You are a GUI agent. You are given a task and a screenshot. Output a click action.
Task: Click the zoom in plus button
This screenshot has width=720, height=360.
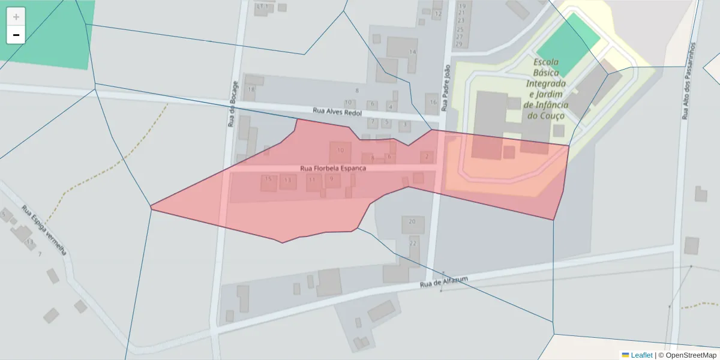tap(16, 17)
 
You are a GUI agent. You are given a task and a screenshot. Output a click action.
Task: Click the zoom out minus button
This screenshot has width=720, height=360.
tap(16, 35)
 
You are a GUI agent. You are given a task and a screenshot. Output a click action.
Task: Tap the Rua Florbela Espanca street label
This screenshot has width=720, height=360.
tap(332, 169)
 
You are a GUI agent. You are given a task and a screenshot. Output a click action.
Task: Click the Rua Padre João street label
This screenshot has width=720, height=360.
tap(445, 89)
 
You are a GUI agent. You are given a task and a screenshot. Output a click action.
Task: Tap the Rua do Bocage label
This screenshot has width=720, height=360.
tap(232, 103)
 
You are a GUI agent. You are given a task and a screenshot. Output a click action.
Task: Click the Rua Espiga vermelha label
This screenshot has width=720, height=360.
tap(44, 230)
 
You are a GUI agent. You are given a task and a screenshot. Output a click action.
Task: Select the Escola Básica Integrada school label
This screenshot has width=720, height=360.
tap(546, 88)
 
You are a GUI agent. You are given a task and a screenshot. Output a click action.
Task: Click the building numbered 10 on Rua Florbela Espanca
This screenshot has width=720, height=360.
tap(341, 151)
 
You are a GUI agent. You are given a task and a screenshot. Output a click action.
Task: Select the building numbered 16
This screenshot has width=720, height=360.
tap(433, 103)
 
